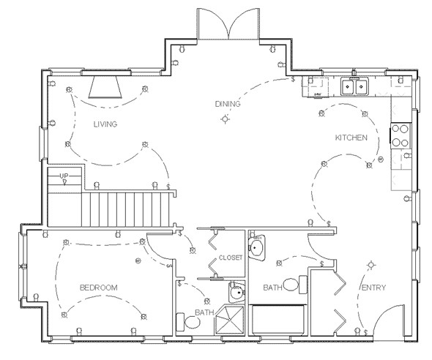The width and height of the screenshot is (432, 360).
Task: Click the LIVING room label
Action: [x=105, y=124]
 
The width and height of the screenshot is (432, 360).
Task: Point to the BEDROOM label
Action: [x=99, y=288]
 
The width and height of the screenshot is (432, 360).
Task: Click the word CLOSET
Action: [x=231, y=258]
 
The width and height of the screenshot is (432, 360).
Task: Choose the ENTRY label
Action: [x=373, y=288]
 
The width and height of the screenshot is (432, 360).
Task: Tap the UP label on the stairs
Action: [x=64, y=176]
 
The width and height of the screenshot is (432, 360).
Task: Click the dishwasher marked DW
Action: [x=319, y=91]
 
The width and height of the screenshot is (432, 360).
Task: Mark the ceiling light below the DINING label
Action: [x=226, y=119]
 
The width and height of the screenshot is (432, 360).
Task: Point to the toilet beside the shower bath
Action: [x=182, y=322]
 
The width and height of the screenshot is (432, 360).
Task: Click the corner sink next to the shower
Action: [x=234, y=294]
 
